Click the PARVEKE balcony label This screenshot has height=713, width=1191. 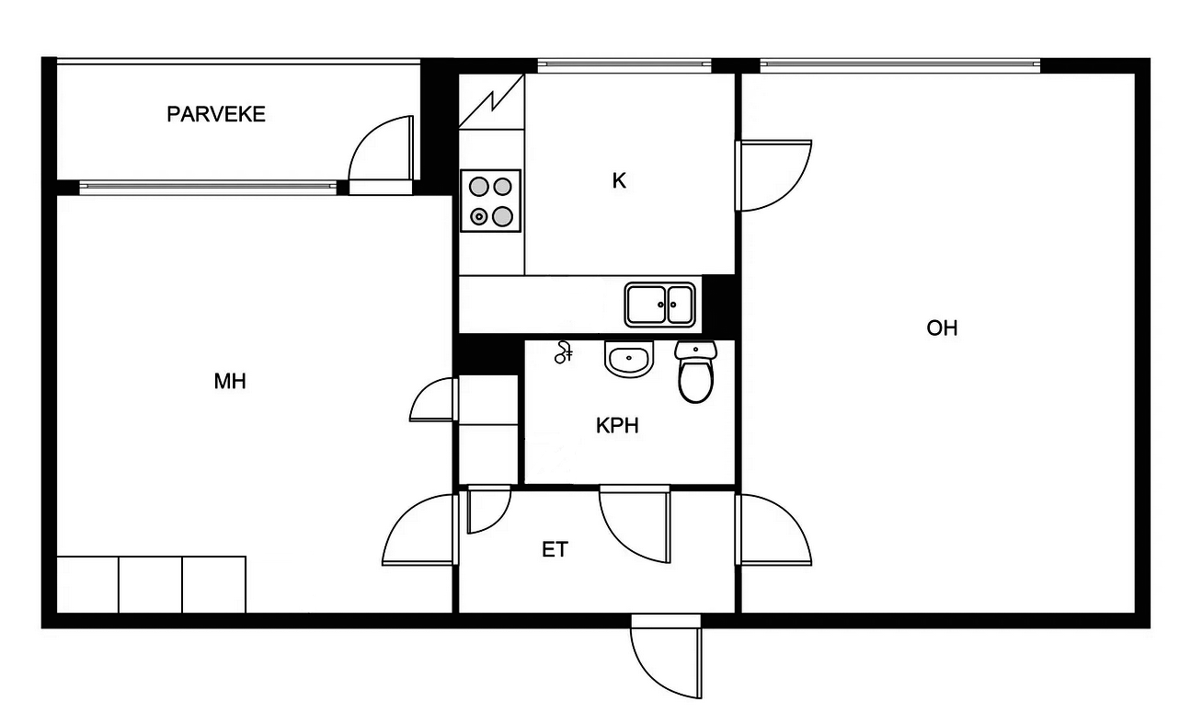click(x=216, y=114)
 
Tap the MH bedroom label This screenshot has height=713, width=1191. click(x=230, y=381)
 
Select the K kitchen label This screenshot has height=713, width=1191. click(x=619, y=181)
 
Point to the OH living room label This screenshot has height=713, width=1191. click(x=942, y=328)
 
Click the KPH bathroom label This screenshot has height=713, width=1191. click(x=617, y=425)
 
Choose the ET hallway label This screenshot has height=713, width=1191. click(x=555, y=549)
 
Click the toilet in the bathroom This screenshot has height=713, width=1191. click(x=695, y=372)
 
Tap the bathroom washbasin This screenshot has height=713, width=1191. click(x=628, y=360)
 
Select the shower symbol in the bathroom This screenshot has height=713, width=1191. click(x=563, y=352)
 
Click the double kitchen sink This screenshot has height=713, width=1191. click(x=659, y=305)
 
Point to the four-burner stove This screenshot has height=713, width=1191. click(x=490, y=201)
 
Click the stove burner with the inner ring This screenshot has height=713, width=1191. click(x=479, y=216)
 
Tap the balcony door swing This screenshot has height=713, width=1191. click(x=381, y=148)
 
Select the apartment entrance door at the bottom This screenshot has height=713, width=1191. click(x=666, y=657)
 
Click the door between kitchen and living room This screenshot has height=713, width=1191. click(x=773, y=176)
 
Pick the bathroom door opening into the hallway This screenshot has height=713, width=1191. click(x=635, y=524)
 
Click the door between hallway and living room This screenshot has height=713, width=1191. click(x=773, y=530)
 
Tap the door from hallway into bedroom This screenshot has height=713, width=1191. click(x=420, y=530)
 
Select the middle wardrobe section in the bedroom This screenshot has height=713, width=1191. click(x=150, y=584)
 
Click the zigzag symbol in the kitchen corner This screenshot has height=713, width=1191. click(x=491, y=101)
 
